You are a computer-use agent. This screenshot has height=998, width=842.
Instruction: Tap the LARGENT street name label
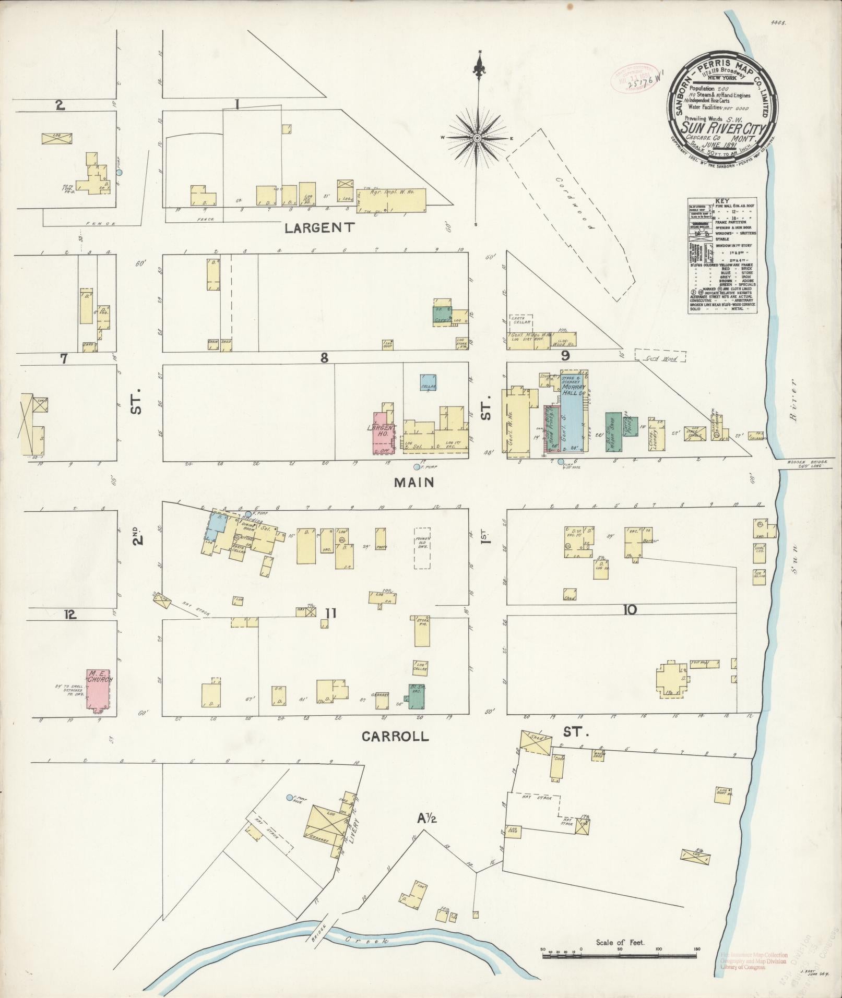[x=320, y=227]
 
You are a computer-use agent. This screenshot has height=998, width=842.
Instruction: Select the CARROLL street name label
[x=395, y=737]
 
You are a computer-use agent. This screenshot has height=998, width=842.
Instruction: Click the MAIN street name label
[x=414, y=483]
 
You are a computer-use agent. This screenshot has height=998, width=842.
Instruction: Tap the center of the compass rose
[x=477, y=138]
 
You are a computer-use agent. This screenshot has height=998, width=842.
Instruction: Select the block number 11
[x=330, y=614]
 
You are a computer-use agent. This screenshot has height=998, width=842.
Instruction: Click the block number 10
[x=630, y=609]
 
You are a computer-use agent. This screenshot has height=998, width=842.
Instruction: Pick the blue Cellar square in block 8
[x=428, y=383]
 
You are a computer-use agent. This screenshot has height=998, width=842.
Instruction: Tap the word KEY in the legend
[x=722, y=200]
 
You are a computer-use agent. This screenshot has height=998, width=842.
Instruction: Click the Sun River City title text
[x=722, y=128]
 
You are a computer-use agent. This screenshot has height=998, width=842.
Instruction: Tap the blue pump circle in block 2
[x=119, y=172]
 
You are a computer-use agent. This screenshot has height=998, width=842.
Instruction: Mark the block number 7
[x=64, y=359]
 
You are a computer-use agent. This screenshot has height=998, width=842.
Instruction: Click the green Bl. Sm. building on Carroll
[x=417, y=696]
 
